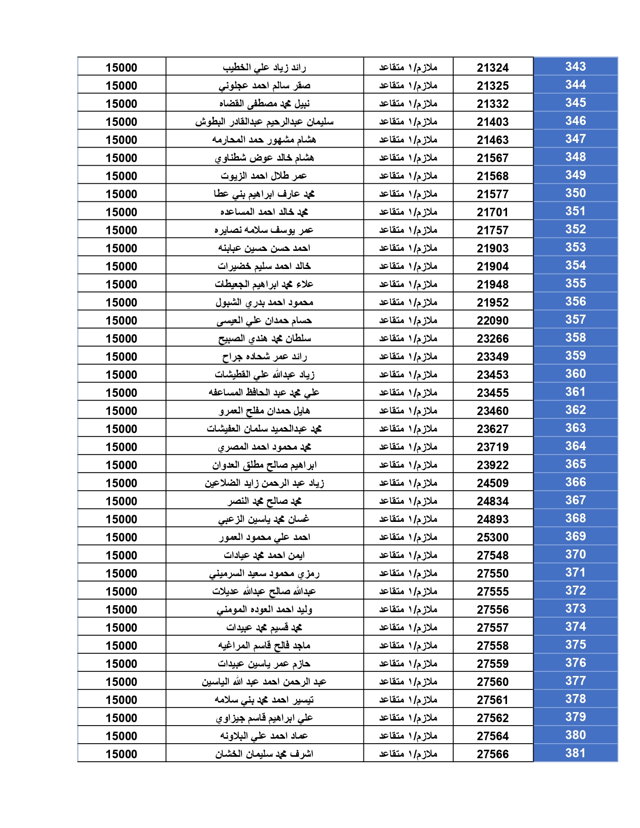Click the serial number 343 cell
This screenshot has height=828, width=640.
pos(575,67)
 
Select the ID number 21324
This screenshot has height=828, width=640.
pos(492,68)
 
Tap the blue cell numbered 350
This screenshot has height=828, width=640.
pos(575,193)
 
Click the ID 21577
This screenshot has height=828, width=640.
pos(492,194)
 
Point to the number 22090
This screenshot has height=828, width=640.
pos(492,321)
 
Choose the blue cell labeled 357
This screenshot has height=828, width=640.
pos(575,320)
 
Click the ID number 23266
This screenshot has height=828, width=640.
pos(492,339)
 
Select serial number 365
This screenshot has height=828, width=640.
pos(575,464)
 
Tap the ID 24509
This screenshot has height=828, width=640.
pos(492,483)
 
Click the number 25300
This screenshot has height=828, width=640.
pos(492,537)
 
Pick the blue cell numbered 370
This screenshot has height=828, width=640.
pos(575,555)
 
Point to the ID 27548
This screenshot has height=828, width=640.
pos(492,556)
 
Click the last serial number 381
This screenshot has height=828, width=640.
pos(575,753)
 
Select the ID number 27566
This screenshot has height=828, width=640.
pos(492,754)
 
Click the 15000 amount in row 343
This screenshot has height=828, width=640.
pos(121,68)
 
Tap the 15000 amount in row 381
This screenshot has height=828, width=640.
pos(121,754)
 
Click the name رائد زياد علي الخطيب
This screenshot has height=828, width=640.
pos(265,67)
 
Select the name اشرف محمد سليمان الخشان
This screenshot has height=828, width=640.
pos(265,754)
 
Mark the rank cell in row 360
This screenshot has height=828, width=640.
pos(408,374)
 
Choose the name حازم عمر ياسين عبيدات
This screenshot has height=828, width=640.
pos(265,663)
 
